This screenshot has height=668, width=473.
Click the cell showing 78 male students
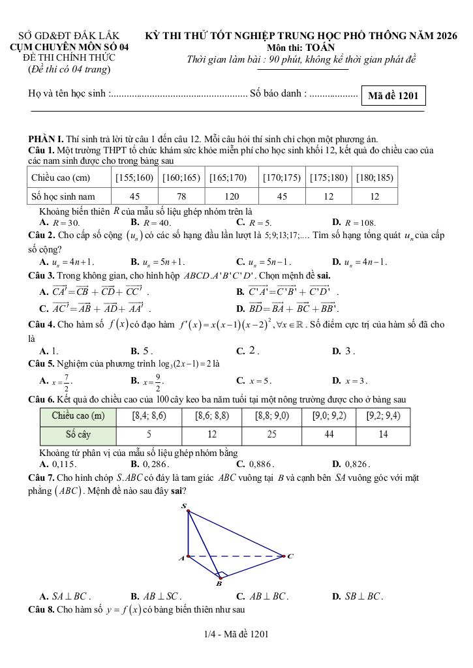(x=181, y=196)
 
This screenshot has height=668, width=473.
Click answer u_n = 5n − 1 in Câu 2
(x=264, y=262)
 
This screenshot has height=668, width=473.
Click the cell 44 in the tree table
(x=329, y=434)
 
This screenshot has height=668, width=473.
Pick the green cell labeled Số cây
(x=78, y=434)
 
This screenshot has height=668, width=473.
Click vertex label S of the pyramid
(x=183, y=506)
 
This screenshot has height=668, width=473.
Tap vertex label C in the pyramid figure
(x=290, y=556)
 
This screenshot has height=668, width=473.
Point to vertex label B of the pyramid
(x=219, y=584)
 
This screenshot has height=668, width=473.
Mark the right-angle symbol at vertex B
(x=222, y=575)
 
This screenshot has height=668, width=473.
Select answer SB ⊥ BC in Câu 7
(x=358, y=596)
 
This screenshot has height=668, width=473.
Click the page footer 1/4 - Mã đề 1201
(x=236, y=633)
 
